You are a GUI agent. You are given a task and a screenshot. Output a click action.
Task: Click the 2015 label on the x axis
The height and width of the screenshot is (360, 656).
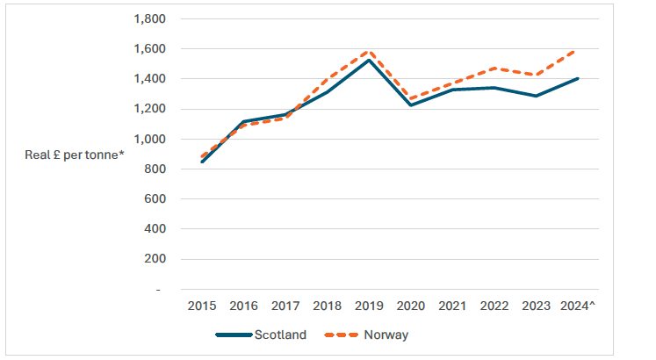click(203, 306)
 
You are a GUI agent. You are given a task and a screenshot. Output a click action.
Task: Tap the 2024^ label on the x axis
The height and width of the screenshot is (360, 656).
click(578, 306)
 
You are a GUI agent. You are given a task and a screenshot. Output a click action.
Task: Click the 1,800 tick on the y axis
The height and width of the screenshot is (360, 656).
click(147, 18)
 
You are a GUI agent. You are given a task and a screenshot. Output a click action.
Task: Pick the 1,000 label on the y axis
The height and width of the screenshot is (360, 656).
click(147, 139)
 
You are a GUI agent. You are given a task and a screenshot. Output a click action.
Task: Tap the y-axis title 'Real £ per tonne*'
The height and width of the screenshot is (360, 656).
click(76, 155)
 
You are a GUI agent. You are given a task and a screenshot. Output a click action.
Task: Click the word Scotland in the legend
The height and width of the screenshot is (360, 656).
click(281, 335)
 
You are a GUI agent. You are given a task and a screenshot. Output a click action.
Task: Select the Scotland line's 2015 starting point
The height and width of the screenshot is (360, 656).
click(203, 162)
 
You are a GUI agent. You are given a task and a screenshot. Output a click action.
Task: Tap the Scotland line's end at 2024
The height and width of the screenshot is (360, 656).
click(575, 79)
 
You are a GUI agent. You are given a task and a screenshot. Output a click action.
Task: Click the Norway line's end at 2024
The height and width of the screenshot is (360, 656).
click(575, 51)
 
